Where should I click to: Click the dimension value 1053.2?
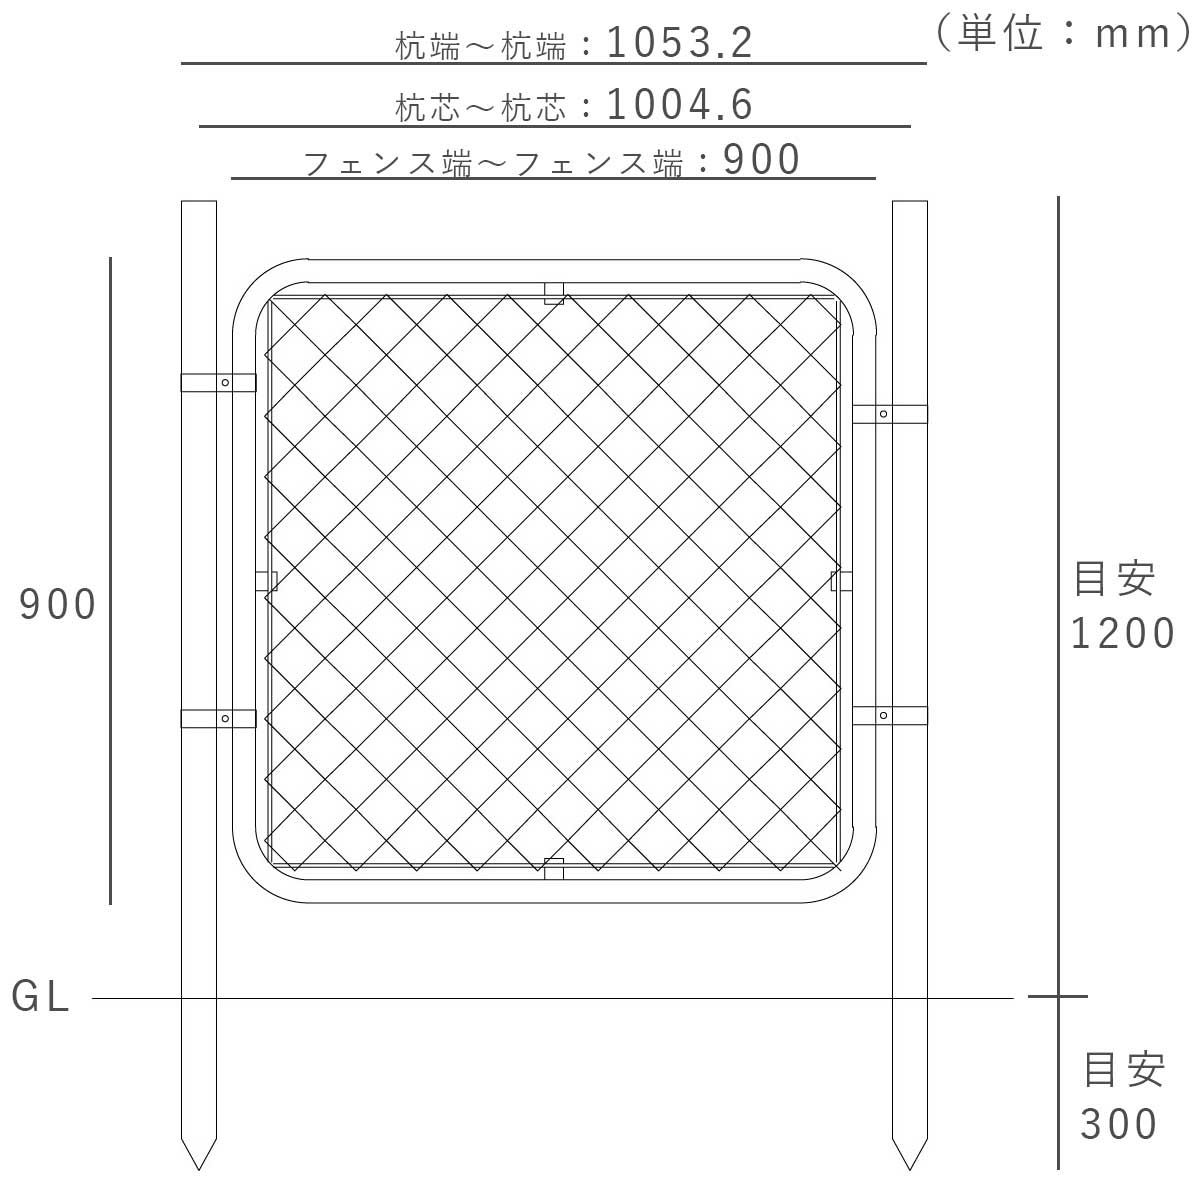click(679, 42)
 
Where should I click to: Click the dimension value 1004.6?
click(679, 104)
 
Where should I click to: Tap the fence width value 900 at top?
click(762, 159)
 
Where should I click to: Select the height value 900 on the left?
click(58, 604)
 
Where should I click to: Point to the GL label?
click(41, 997)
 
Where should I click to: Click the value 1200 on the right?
click(1123, 633)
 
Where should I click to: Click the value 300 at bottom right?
click(1119, 1125)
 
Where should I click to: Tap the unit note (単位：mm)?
click(1059, 34)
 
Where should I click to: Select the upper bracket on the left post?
click(218, 382)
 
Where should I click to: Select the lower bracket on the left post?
click(218, 718)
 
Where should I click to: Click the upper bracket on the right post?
click(889, 414)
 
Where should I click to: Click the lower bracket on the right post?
click(889, 715)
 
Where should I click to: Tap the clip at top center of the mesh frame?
click(553, 292)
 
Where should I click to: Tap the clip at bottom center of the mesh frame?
click(553, 868)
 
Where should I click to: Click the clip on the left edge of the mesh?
click(266, 581)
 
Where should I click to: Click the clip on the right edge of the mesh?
click(841, 581)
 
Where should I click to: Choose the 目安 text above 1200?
click(1114, 579)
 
